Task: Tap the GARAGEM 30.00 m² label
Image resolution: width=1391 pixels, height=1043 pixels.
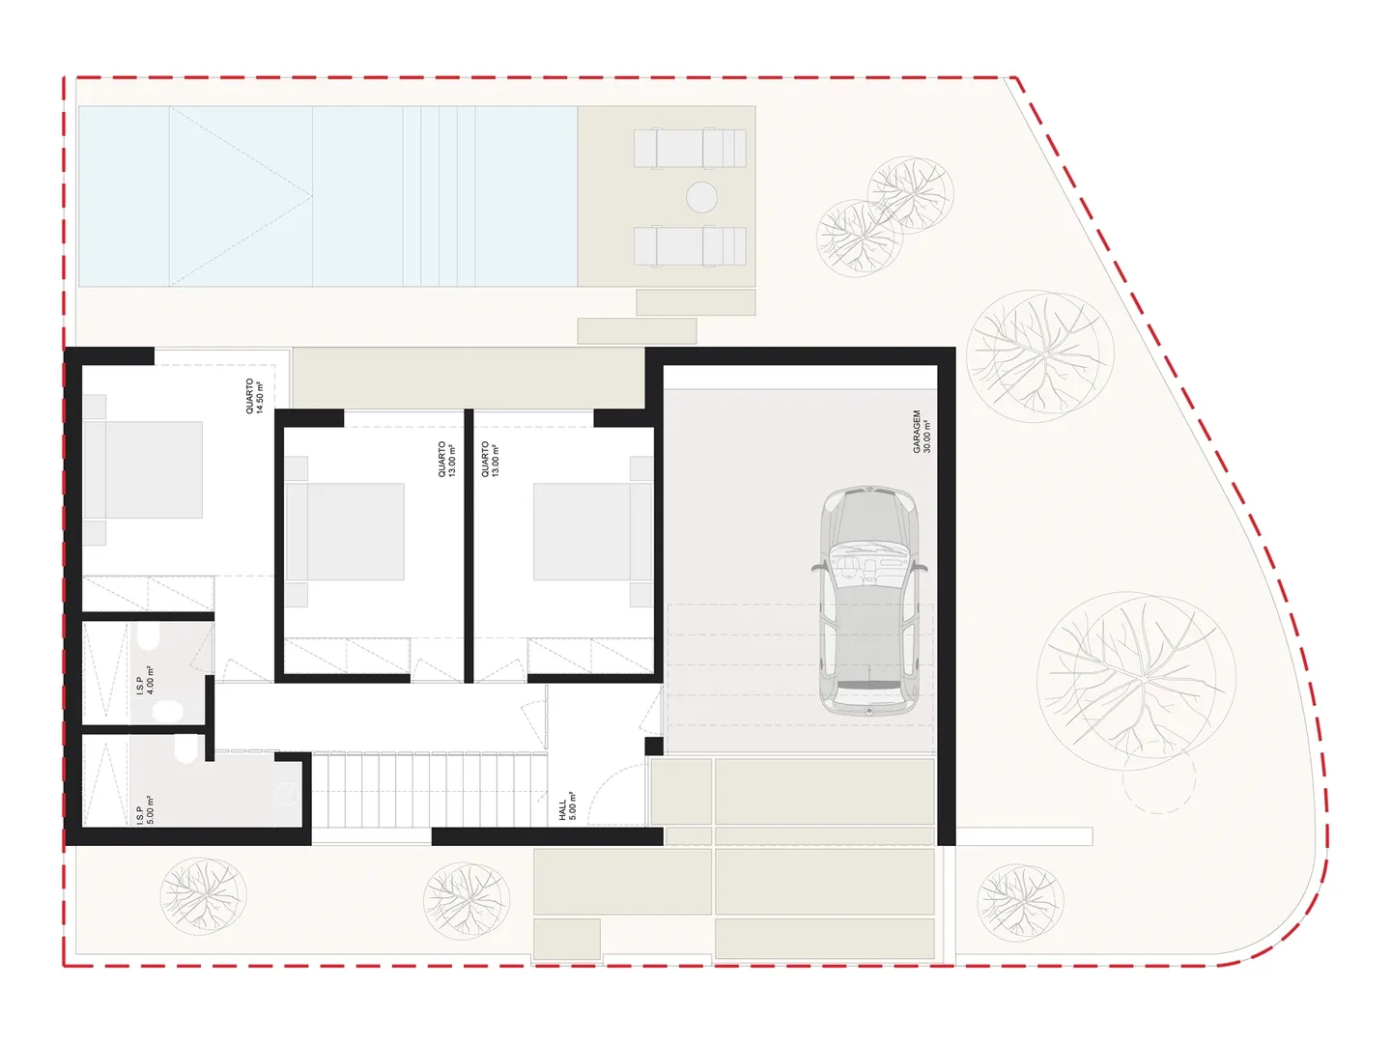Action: tap(922, 432)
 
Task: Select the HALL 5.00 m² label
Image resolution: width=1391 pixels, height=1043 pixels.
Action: tap(567, 806)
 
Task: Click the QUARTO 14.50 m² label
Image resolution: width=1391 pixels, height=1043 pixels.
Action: tap(254, 396)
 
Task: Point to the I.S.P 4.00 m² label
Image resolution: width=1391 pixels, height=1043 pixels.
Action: tap(145, 680)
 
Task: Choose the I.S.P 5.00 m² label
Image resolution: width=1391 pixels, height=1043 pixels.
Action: tap(145, 810)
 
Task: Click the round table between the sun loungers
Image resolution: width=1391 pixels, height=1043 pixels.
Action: tap(701, 197)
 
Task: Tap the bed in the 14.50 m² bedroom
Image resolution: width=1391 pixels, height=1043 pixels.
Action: tap(143, 470)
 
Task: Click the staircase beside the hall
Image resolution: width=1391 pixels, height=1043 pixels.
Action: tap(430, 790)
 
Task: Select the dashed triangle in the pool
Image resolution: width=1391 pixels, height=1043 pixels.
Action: tap(241, 196)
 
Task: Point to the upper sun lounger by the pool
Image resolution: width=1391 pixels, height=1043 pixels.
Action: tap(690, 148)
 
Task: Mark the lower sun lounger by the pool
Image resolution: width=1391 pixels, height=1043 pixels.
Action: tap(690, 245)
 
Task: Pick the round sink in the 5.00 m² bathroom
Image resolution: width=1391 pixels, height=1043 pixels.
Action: tap(287, 794)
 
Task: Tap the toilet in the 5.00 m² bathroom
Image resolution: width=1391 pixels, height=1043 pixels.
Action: tap(185, 749)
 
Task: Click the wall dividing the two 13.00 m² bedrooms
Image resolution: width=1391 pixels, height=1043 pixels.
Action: tap(468, 546)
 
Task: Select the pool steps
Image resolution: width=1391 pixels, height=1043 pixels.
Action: tap(440, 196)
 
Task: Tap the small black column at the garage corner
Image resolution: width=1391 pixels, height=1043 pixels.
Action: tap(654, 746)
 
